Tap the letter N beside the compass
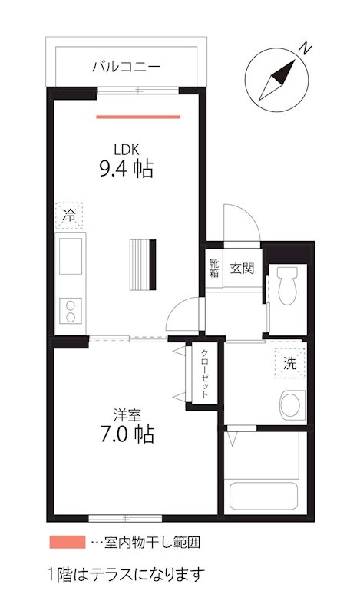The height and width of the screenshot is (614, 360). point(306,48)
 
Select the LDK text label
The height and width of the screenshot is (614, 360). point(126,149)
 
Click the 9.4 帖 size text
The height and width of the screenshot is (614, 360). point(126,168)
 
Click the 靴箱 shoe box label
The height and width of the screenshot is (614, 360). point(214,269)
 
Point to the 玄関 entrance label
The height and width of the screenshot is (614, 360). point(242,269)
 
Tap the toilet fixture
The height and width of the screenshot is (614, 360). point(289,285)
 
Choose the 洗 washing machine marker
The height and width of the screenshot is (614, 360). point(289,364)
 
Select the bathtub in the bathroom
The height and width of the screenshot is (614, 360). point(265,497)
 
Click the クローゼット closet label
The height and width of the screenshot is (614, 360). point(205,374)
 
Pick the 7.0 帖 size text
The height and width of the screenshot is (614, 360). point(126,435)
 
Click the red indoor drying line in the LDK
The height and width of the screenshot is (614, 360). point(138,117)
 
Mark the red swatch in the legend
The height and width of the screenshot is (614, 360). point(67,542)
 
